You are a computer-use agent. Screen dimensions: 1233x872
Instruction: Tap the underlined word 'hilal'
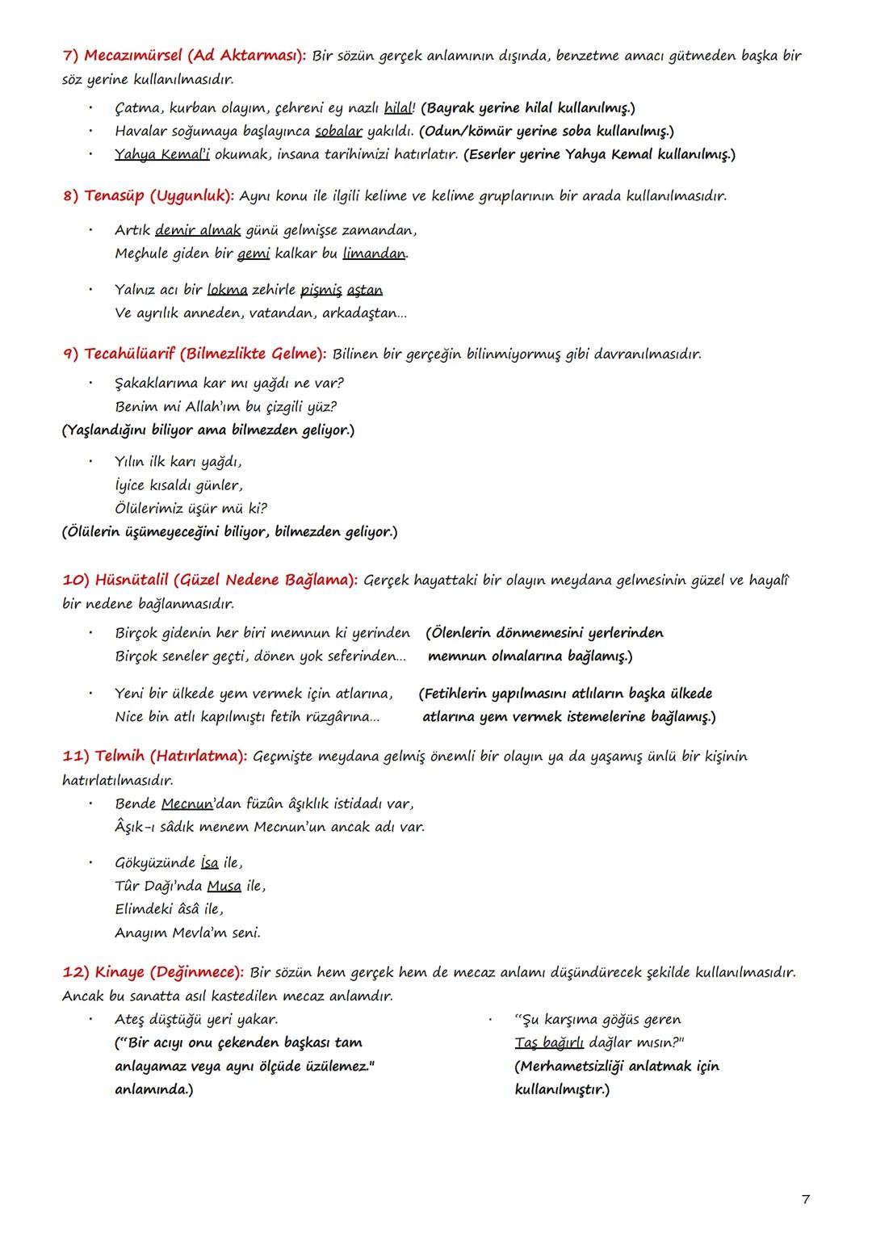pos(398,108)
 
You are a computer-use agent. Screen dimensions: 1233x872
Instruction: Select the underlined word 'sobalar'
pos(338,132)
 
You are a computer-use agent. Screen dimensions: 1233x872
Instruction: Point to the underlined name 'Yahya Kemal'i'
pos(161,154)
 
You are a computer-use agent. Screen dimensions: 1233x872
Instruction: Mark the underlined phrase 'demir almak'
pos(198,231)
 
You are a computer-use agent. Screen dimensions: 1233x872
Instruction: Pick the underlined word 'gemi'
pos(254,254)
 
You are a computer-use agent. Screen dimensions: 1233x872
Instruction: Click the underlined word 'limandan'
pos(374,254)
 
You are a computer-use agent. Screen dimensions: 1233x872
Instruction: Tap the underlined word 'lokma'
pos(227,290)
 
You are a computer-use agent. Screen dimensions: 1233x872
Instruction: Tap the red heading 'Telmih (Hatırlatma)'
pos(155,757)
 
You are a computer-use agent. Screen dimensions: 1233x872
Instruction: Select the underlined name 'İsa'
pos(209,863)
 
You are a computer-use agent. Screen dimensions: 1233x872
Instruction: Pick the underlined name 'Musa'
pos(224,887)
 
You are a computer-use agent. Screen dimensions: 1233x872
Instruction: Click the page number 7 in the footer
pos(805,1199)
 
